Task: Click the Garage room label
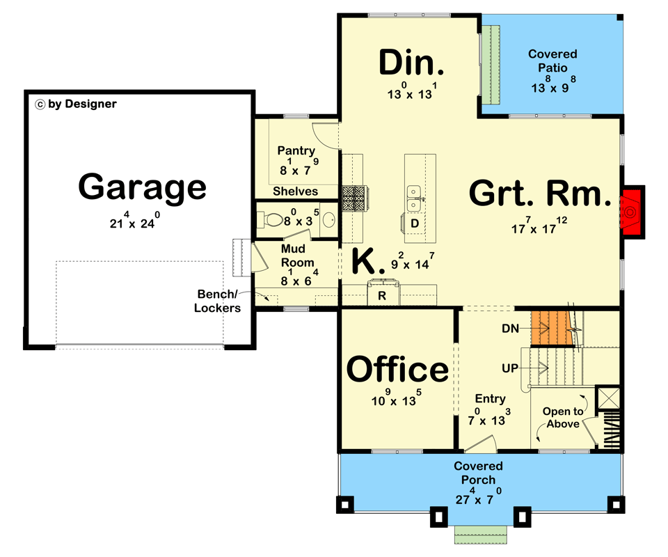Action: (142, 187)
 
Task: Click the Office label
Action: (397, 369)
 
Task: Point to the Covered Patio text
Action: (552, 61)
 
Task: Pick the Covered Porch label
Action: (478, 473)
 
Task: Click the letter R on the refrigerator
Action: (382, 295)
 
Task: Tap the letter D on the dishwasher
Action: (414, 223)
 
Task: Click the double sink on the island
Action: (415, 198)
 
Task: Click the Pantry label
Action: (296, 150)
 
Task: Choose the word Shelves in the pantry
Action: (295, 191)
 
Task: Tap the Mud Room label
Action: (296, 256)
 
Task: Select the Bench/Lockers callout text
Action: (218, 301)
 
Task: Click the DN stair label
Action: (512, 328)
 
